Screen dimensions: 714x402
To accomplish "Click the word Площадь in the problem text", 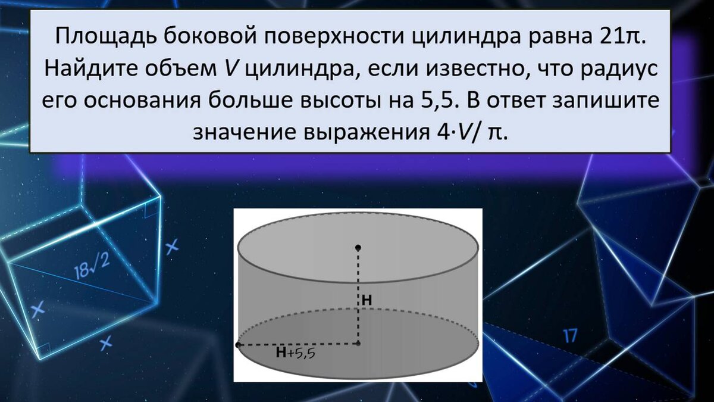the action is (x=106, y=36).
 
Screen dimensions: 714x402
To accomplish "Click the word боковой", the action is (x=211, y=35).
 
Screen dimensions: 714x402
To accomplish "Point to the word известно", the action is (x=475, y=68).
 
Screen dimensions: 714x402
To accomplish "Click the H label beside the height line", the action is (x=367, y=301).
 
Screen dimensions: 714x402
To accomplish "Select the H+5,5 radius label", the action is (x=296, y=353).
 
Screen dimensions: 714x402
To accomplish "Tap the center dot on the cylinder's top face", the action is (x=358, y=248).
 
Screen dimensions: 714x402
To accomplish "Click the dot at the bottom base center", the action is (x=358, y=344).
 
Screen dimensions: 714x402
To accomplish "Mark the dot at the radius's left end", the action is (x=238, y=345).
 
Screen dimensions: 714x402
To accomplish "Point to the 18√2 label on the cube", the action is (x=92, y=266).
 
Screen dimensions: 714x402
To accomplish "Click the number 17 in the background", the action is (x=569, y=336).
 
